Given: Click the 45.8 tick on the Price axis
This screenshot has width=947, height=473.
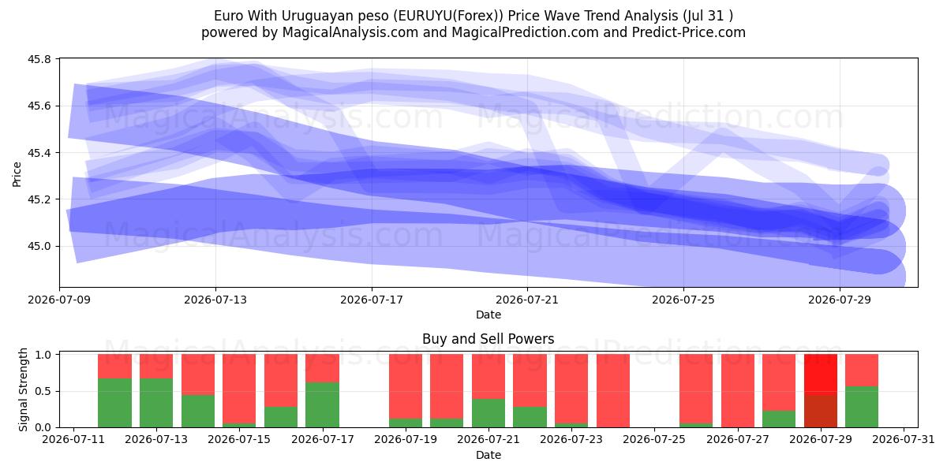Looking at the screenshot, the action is tap(39, 59).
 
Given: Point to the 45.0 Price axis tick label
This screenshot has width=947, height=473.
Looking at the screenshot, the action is tap(39, 246).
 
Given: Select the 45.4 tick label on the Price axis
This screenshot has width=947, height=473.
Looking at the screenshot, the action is tap(39, 152).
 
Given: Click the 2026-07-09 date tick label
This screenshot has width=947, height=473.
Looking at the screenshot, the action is tap(59, 300).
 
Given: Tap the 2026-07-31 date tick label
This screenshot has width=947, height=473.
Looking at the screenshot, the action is tap(904, 439).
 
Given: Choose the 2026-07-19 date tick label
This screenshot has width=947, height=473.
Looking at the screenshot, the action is tap(406, 439).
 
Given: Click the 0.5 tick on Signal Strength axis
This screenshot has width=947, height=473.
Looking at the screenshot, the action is tap(43, 391).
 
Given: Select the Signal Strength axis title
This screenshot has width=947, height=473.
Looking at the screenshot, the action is tap(23, 389).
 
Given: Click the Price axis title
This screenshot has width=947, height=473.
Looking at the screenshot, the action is tap(17, 174).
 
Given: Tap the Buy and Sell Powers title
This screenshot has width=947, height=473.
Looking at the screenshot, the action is tap(488, 339).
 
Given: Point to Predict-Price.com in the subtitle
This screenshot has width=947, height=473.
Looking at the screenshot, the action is tap(688, 32).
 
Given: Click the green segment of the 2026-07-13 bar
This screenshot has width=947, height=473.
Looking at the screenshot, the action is tap(156, 403).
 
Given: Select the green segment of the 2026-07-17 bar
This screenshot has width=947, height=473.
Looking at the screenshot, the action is tap(322, 404).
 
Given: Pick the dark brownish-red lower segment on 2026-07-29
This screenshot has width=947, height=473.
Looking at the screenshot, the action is tap(820, 412).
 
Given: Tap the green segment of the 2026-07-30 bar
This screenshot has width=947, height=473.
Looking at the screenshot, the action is tap(862, 407).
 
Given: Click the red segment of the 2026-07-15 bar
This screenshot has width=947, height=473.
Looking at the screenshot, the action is tap(239, 389).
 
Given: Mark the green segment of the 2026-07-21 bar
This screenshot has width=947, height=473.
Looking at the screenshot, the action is tap(488, 413).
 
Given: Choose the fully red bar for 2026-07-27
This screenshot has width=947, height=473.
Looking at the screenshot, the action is tap(738, 391).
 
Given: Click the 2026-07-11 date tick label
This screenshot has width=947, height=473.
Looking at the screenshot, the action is tap(73, 439).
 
